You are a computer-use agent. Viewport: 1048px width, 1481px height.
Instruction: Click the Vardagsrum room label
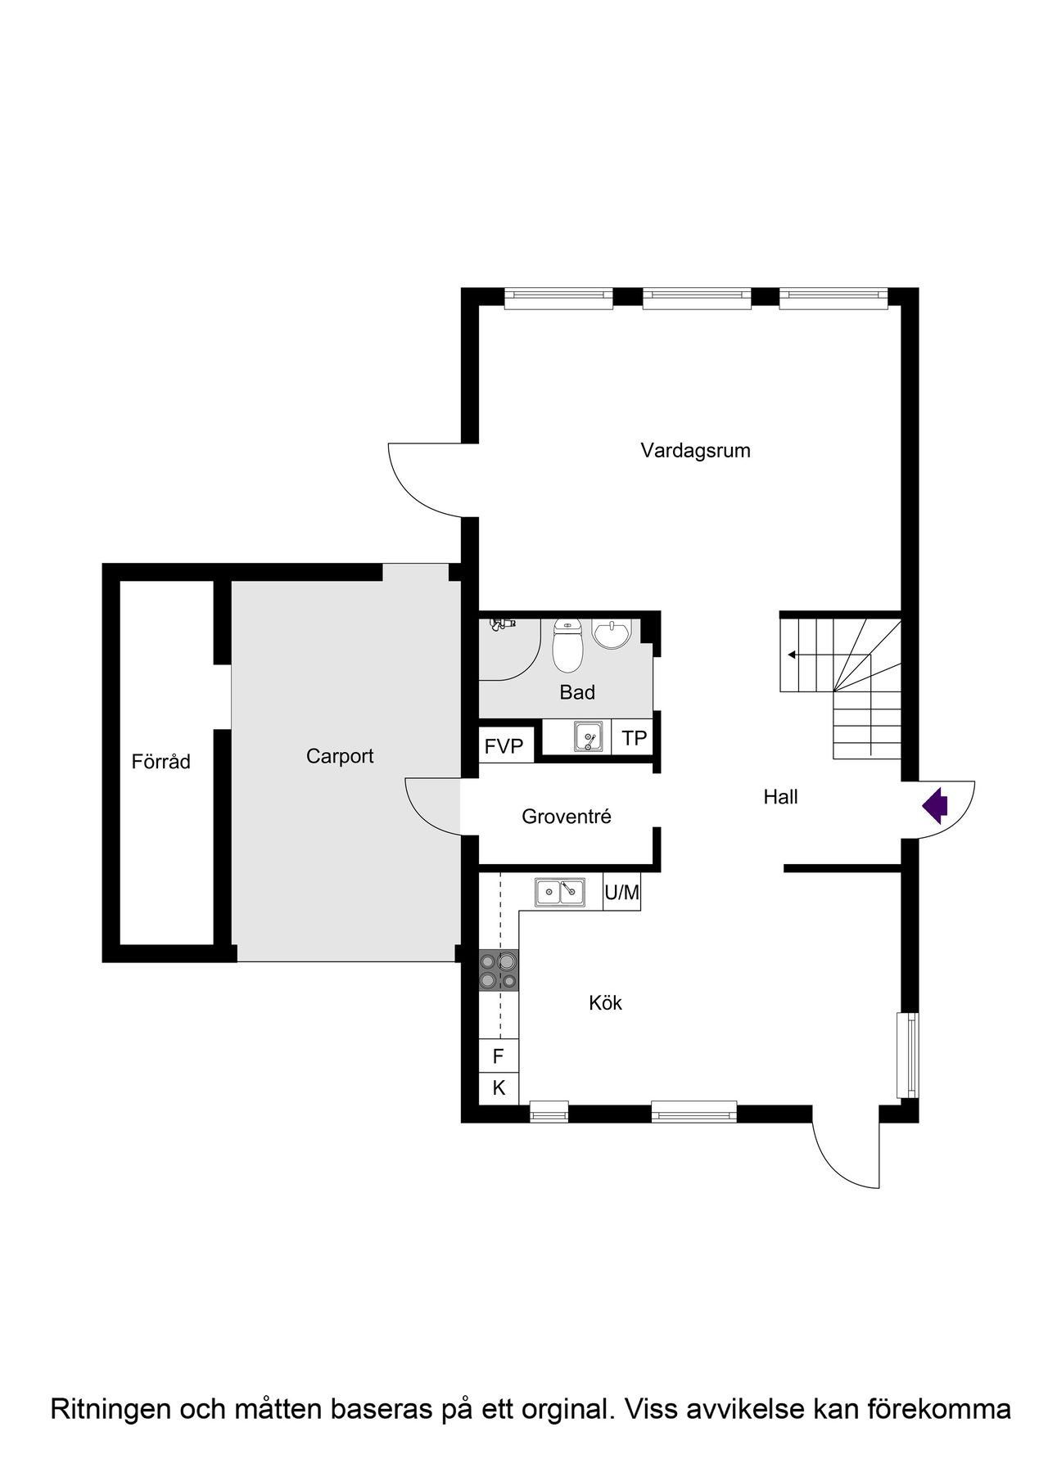coord(695,451)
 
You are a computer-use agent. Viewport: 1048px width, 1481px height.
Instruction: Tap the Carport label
coord(340,756)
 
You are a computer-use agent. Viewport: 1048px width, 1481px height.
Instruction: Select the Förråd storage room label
coord(161,762)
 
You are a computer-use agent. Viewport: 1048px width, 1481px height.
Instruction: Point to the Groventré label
coord(567,817)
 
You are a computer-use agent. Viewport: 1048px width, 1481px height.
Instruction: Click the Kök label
coord(606,1002)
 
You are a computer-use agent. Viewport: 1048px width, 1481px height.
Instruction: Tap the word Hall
coord(780,797)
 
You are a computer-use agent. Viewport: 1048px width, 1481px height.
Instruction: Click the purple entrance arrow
coord(935,805)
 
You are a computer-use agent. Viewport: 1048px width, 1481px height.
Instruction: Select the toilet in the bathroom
coord(567,645)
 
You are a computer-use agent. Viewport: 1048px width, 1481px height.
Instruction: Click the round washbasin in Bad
coord(612,633)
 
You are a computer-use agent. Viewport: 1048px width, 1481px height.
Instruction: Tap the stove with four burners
coord(499,970)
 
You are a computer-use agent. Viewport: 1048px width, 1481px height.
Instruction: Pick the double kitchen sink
coord(560,892)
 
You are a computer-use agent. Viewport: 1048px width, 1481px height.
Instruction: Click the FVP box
coord(504,746)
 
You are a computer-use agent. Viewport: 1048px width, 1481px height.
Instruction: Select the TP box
coord(634,738)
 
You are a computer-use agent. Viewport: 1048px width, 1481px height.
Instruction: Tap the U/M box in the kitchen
coord(621,892)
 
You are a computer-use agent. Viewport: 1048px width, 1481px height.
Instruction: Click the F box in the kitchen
coord(498,1056)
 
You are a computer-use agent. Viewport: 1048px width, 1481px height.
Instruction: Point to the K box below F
coord(498,1088)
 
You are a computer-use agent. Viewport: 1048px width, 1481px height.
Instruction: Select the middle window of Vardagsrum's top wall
coord(697,298)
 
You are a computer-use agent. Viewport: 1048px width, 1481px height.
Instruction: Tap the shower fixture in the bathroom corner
coord(502,624)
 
